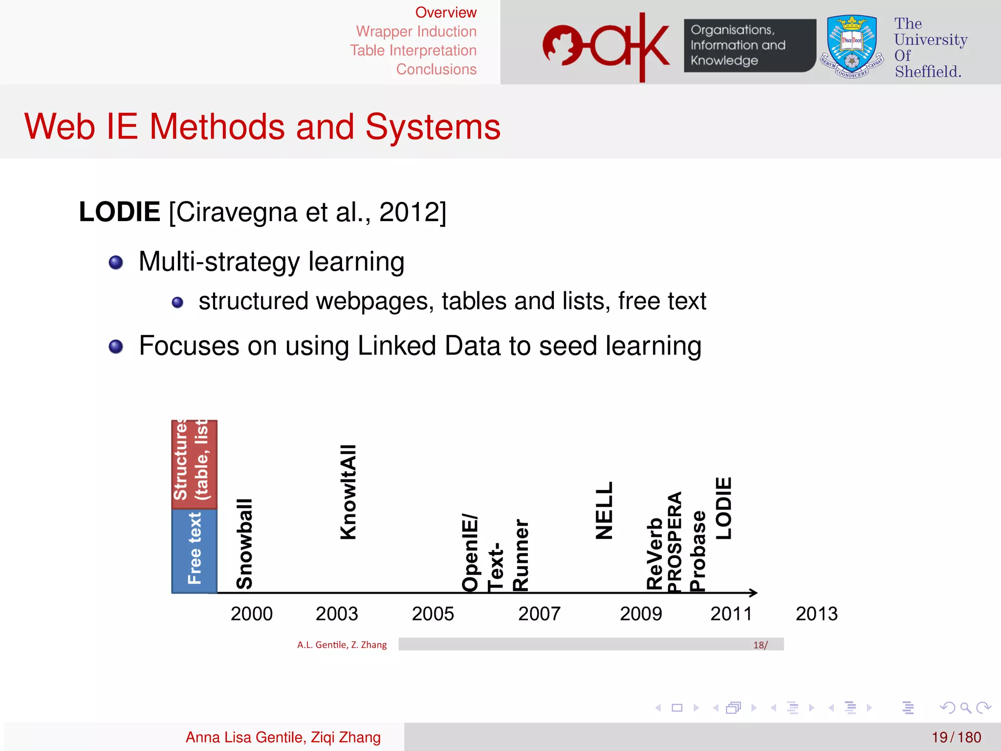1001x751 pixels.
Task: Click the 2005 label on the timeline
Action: point(433,614)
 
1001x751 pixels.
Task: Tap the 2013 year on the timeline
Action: point(816,614)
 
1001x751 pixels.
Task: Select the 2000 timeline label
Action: point(251,614)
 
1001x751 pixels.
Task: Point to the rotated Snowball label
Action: point(244,544)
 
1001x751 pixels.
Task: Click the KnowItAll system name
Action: point(348,492)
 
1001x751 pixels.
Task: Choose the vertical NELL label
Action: point(604,510)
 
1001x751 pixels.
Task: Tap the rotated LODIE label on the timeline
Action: point(724,508)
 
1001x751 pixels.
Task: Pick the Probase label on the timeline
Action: point(697,551)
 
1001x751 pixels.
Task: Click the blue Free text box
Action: point(194,551)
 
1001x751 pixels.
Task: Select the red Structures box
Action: point(194,464)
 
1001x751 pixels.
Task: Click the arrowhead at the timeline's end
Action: point(753,593)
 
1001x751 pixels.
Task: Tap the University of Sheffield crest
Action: point(852,47)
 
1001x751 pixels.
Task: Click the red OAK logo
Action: point(606,46)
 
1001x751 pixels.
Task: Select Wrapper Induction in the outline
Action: point(416,31)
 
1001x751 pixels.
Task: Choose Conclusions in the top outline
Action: point(436,69)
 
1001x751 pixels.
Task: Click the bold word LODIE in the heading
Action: point(120,212)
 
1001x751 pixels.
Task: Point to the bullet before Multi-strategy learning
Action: point(116,263)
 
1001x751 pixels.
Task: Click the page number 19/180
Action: point(956,737)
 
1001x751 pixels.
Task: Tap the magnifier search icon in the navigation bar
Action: point(965,707)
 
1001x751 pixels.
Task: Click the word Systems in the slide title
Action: point(433,127)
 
